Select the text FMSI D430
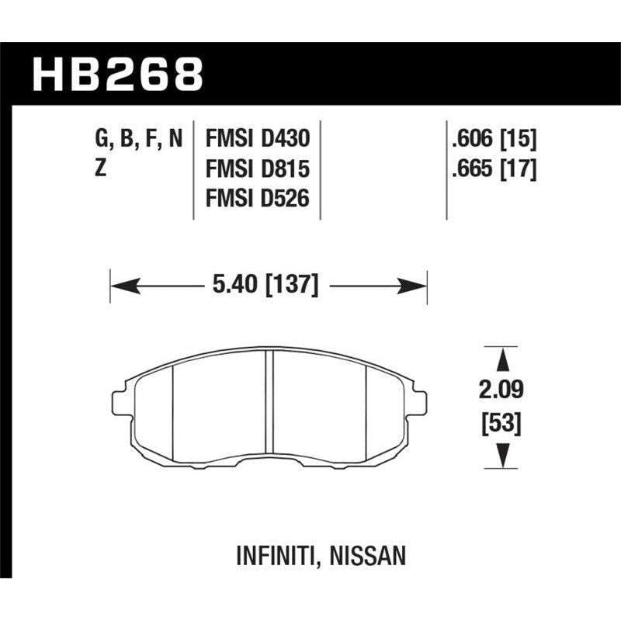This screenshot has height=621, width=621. click(x=257, y=139)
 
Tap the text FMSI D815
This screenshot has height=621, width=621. click(x=257, y=169)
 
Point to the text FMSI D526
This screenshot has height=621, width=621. click(x=257, y=199)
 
